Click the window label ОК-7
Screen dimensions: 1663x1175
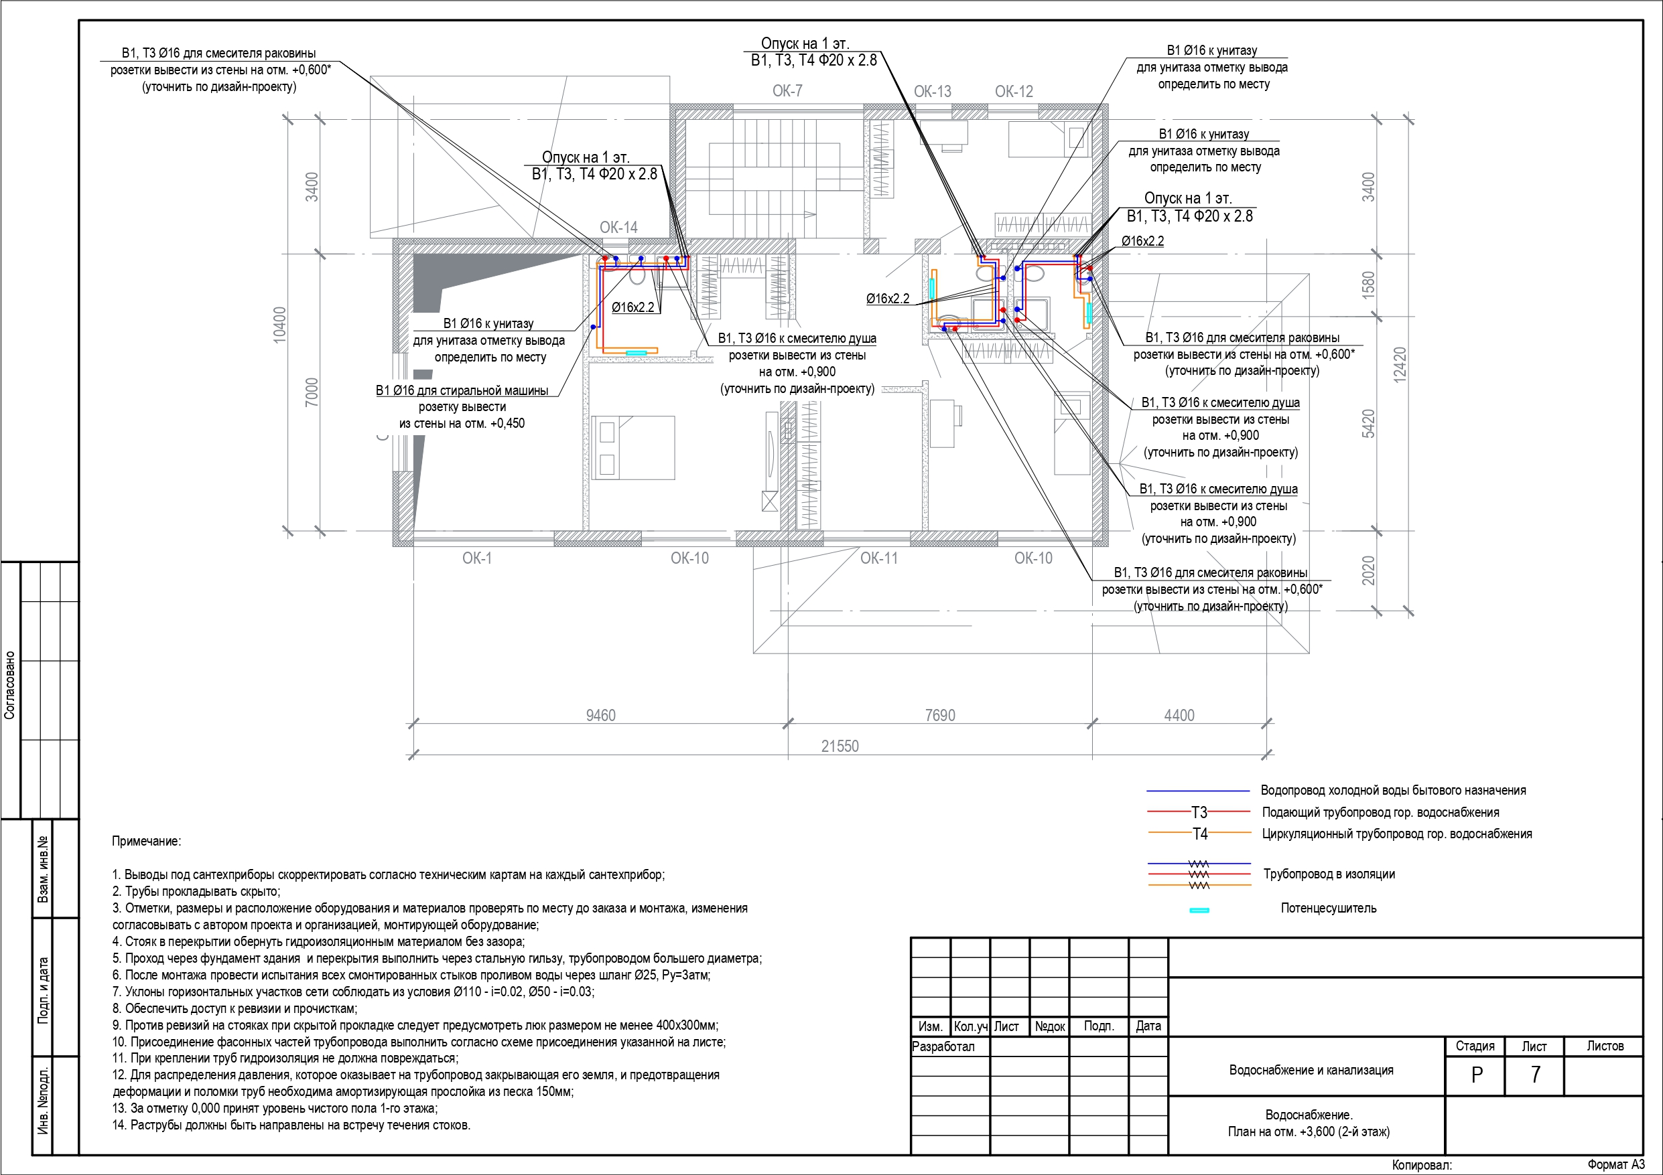pos(787,91)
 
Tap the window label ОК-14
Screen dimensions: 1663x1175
pos(618,228)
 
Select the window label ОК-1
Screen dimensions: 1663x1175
pos(476,558)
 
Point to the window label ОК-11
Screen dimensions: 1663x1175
pos(878,558)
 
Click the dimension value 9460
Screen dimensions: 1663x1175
pos(600,715)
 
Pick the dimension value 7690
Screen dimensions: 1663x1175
pos(940,715)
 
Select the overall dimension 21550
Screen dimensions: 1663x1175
pos(840,746)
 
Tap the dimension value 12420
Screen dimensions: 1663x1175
pos(1400,364)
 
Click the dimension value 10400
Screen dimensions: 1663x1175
pos(279,325)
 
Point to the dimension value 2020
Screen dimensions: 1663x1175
pos(1368,570)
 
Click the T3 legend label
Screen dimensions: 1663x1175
pos(1199,812)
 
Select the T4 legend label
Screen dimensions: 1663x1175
pos(1200,834)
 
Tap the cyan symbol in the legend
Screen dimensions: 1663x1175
pos(1199,910)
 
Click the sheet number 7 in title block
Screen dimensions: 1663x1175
pos(1535,1075)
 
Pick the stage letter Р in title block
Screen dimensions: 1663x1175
pos(1477,1075)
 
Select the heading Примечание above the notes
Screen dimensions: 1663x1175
pos(146,842)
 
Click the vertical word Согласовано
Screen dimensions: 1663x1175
pos(9,685)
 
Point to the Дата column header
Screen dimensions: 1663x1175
pos(1148,1026)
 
